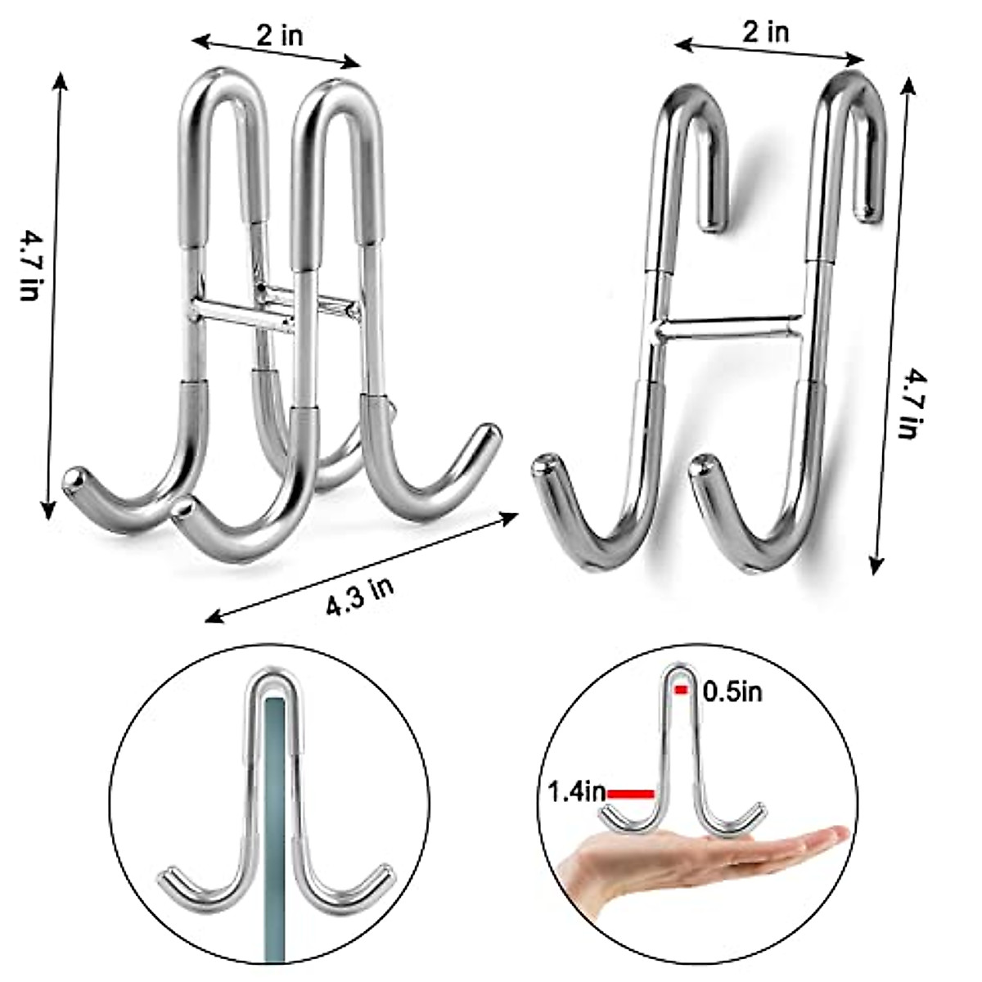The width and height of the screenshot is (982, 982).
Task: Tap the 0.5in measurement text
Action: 732,692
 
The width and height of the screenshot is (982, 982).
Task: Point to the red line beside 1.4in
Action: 631,793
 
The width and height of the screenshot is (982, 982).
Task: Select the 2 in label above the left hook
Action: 279,35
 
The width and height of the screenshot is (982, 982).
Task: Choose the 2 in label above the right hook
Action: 766,32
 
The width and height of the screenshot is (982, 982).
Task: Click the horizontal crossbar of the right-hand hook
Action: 728,326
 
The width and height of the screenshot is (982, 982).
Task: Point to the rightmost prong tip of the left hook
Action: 489,431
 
